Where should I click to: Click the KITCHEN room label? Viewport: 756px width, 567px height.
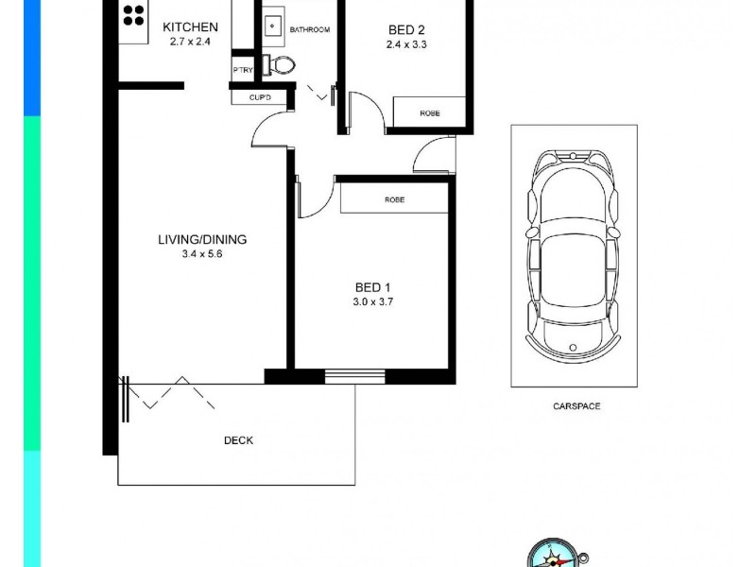point(190,27)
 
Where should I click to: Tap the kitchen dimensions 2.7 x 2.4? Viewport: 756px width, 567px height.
point(190,43)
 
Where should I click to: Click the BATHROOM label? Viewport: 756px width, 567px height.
point(309,30)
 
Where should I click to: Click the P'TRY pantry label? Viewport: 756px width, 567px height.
point(241,72)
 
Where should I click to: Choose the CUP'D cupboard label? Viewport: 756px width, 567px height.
point(261,97)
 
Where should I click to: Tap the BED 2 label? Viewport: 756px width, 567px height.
point(407,28)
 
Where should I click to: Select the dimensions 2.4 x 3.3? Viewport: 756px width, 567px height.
point(407,43)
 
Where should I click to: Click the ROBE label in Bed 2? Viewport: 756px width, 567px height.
point(430,113)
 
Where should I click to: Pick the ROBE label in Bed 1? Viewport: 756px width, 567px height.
point(394,200)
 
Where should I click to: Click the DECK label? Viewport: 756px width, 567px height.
point(238,440)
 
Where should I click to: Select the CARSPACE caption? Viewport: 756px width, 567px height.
point(576,406)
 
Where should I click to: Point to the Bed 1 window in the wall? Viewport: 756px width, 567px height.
point(354,376)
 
